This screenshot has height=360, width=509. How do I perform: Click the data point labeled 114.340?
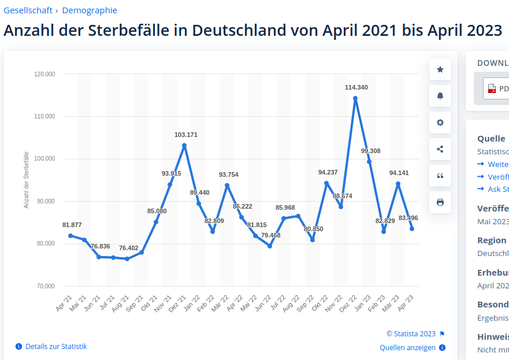point(355,98)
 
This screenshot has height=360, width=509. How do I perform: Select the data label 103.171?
point(186,135)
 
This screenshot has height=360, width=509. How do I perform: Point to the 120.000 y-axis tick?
point(44,74)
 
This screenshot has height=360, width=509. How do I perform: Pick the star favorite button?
point(440,69)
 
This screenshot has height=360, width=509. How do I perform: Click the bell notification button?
point(440,96)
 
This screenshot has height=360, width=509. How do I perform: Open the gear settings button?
point(440,123)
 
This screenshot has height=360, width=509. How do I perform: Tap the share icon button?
point(440,149)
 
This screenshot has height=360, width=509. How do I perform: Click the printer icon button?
point(440,202)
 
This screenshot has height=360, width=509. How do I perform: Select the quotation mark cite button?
point(440,176)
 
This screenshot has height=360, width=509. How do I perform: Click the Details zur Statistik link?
point(56,346)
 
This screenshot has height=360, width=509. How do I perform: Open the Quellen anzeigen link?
point(407,347)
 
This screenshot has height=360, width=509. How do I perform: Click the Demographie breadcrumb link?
point(90,10)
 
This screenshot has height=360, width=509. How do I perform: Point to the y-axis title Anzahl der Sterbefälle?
point(27,180)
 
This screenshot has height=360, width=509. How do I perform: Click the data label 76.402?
point(129,248)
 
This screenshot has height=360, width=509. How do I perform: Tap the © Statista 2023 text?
point(411,333)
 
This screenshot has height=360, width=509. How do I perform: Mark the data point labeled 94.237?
point(326,183)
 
